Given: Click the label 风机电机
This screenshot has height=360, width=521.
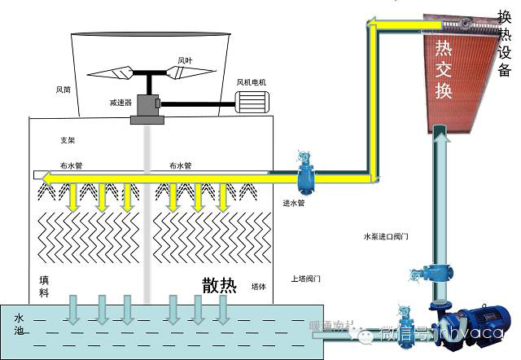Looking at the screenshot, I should pos(251,81).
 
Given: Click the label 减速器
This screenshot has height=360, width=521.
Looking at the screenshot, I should pos(120,103).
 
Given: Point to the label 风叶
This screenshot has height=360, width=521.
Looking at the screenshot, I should pos(185,59).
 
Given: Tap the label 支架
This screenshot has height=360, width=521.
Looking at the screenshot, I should pos(68,140).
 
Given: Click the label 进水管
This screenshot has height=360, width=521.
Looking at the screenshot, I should pos(293,203).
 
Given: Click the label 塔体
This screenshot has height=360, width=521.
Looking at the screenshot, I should pos(259,286).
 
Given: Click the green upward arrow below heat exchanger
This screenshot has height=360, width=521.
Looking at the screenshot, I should pos(440,138).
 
